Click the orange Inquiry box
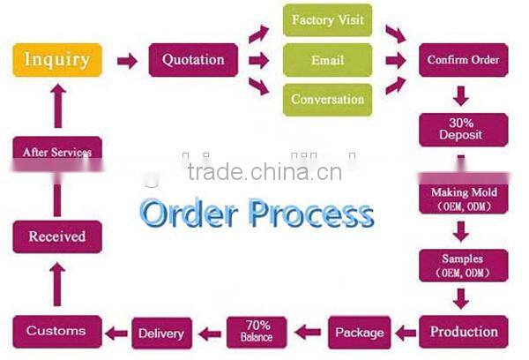[56, 60]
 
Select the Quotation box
[193, 60]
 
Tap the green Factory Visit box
[327, 19]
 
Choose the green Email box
[327, 60]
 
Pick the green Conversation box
[327, 99]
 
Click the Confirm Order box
[464, 60]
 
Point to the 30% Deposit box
[464, 129]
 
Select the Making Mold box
[464, 197]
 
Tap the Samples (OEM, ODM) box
[464, 265]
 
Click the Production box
[464, 332]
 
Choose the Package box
[359, 333]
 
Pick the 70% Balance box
[257, 331]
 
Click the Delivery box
[160, 333]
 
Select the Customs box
[56, 331]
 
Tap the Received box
[56, 236]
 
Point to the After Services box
[56, 151]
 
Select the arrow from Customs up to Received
[56, 283]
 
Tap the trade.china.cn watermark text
[264, 171]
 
